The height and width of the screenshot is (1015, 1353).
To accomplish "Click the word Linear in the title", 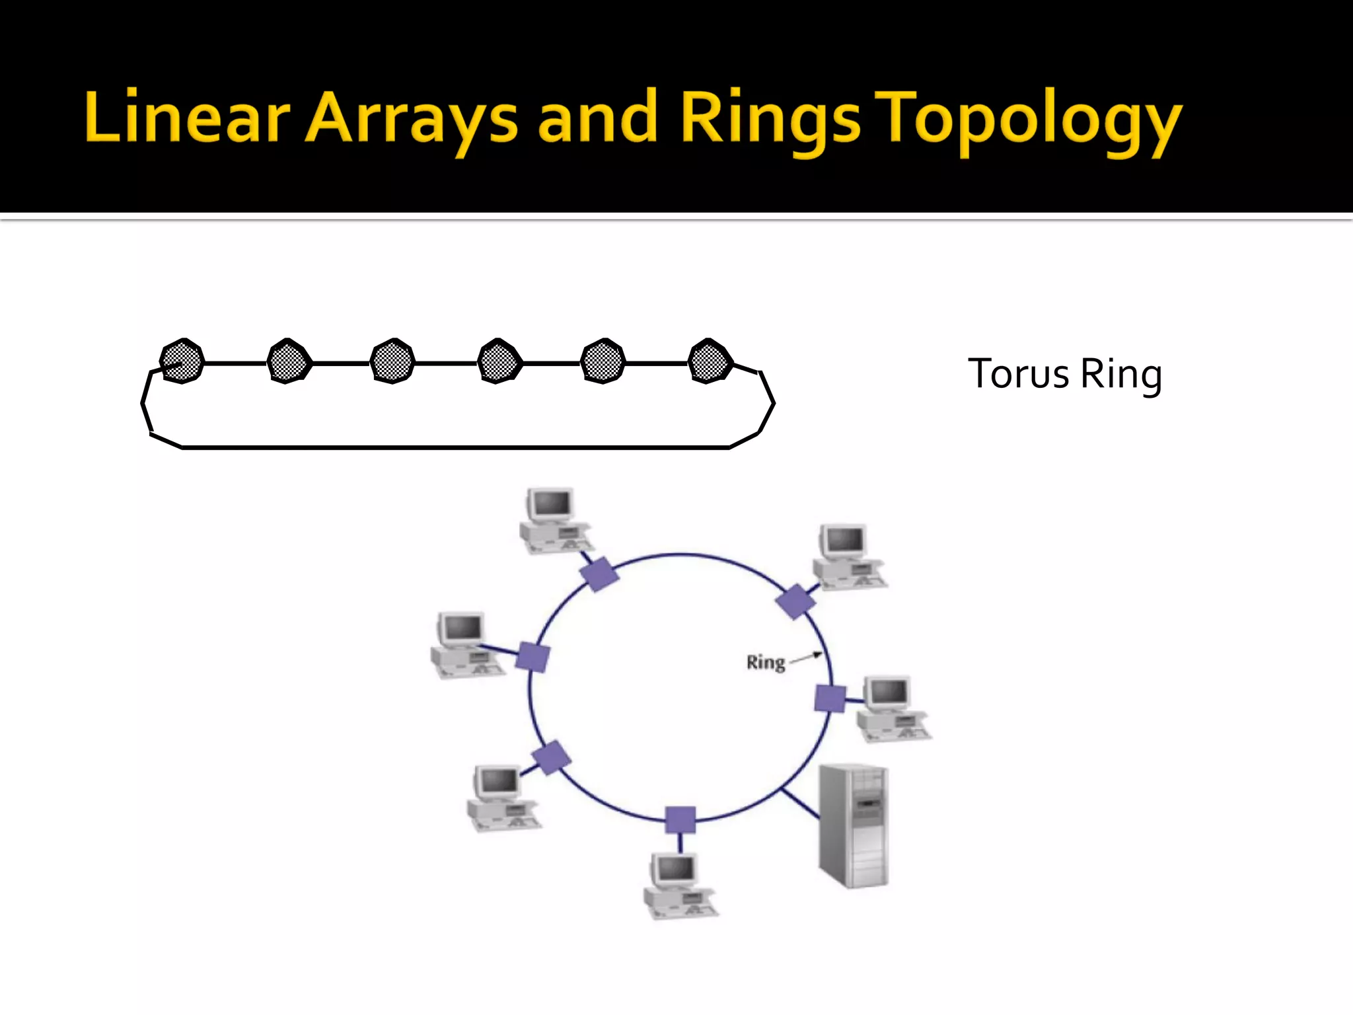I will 187,118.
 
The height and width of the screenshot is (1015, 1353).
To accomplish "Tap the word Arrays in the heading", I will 411,119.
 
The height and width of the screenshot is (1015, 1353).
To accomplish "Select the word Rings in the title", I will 770,119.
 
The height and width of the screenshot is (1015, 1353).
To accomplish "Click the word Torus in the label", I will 1018,374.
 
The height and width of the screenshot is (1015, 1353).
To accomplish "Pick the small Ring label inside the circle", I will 765,662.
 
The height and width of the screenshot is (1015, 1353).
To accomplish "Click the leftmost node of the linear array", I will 182,361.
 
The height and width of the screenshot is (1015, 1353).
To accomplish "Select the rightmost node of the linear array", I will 710,361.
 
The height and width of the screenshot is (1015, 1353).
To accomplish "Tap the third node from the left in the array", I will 392,361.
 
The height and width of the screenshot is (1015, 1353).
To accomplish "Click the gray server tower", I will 854,825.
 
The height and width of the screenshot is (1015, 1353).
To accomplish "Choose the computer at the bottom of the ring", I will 679,885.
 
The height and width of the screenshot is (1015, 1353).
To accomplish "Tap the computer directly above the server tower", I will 893,708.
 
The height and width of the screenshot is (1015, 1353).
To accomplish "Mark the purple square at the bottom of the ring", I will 680,820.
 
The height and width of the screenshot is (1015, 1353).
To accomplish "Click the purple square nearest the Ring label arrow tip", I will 830,698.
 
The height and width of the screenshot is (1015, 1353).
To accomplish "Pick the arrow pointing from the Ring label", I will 806,658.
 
